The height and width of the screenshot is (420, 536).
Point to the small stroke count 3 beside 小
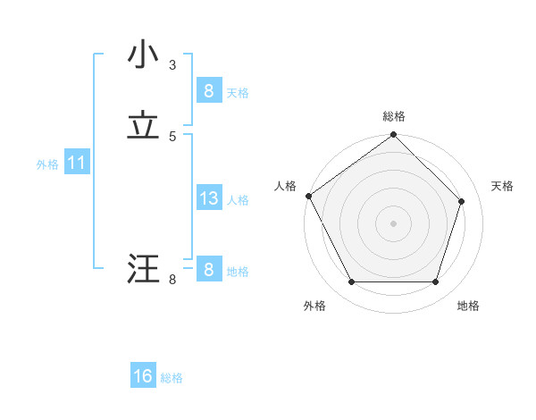[x=172, y=64]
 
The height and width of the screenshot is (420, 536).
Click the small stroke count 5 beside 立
[x=172, y=136]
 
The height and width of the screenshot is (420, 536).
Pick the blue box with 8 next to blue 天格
[x=208, y=91]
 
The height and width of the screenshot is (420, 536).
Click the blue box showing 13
[x=208, y=198]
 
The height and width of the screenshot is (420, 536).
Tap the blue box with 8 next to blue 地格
[x=208, y=270]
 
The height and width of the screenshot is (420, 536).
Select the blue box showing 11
[x=76, y=163]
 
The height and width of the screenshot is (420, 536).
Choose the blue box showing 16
[x=143, y=376]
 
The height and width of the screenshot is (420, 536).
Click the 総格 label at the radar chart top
[x=394, y=116]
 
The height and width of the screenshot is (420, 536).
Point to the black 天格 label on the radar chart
[x=503, y=186]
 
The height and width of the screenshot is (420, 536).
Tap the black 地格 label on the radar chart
[x=468, y=306]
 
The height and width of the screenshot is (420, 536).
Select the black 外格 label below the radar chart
[x=314, y=306]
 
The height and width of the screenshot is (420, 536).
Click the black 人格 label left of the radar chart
[x=285, y=186]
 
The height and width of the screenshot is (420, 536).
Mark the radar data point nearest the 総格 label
[x=394, y=136]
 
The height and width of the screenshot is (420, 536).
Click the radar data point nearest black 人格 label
[x=308, y=196]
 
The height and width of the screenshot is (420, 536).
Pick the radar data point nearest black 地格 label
[x=435, y=282]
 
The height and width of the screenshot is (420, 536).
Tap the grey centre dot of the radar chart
[x=394, y=223]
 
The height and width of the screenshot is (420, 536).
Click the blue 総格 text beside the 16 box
[x=172, y=378]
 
